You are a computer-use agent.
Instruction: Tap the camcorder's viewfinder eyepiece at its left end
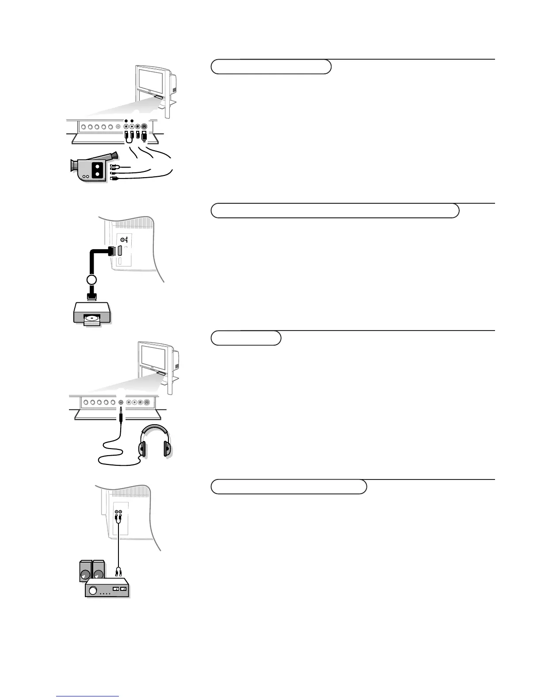click(x=72, y=165)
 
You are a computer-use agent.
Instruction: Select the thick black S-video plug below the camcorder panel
click(x=144, y=134)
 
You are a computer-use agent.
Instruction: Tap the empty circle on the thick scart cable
click(x=91, y=279)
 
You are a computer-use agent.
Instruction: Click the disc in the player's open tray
click(x=92, y=317)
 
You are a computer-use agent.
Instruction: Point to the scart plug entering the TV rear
click(x=111, y=251)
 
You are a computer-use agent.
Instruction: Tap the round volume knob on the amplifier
click(x=93, y=590)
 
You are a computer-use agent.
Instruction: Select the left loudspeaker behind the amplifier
click(x=85, y=571)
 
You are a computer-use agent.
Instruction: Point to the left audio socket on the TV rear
click(x=116, y=511)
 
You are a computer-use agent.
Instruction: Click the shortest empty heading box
click(x=246, y=338)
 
